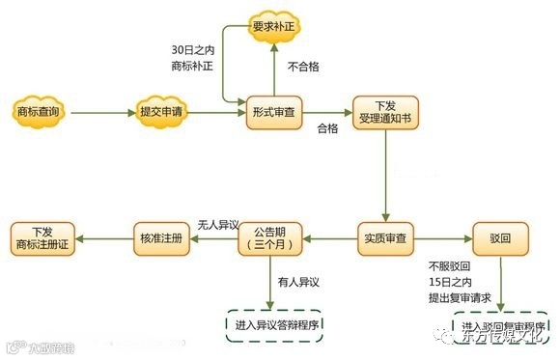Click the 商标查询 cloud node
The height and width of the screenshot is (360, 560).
(40, 113)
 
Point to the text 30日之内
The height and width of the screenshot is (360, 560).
(191, 50)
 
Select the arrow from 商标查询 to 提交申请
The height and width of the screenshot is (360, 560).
(101, 114)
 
